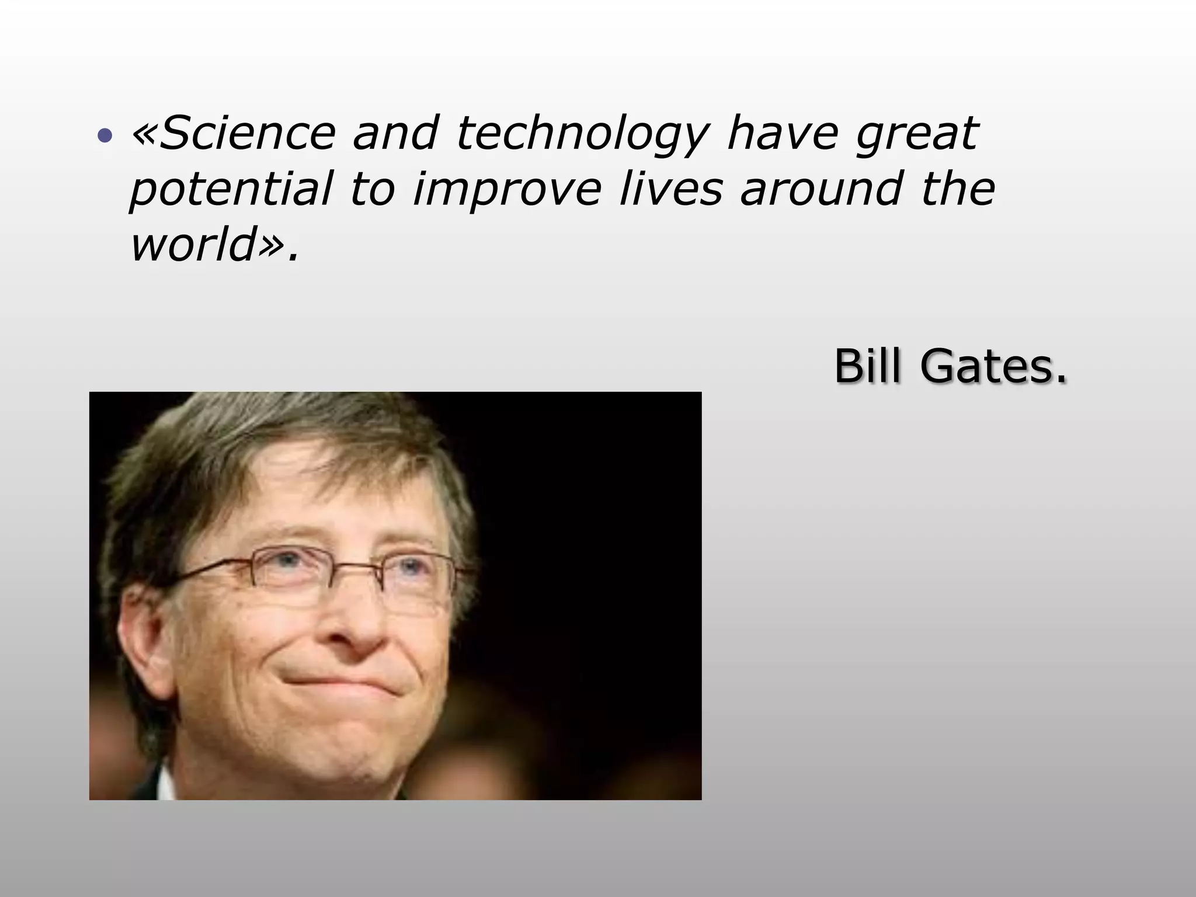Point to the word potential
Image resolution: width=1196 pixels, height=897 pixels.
[x=231, y=190]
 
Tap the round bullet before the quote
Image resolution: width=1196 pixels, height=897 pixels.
[x=105, y=136]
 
